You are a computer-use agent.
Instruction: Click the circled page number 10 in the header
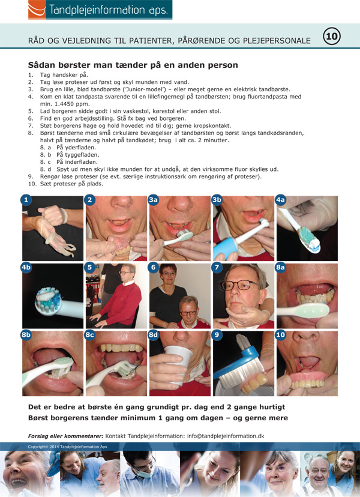[331, 36]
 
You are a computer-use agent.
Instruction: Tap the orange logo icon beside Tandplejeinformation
[37, 10]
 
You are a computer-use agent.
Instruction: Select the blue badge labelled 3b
[217, 200]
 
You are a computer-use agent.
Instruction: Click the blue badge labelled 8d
[154, 335]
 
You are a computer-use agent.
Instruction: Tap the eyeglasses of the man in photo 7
[240, 285]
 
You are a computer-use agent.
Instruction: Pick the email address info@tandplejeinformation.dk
[226, 436]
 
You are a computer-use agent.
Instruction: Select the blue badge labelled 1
[26, 200]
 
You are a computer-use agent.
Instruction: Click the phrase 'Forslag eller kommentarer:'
[65, 436]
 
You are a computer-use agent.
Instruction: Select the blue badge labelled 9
[217, 335]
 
